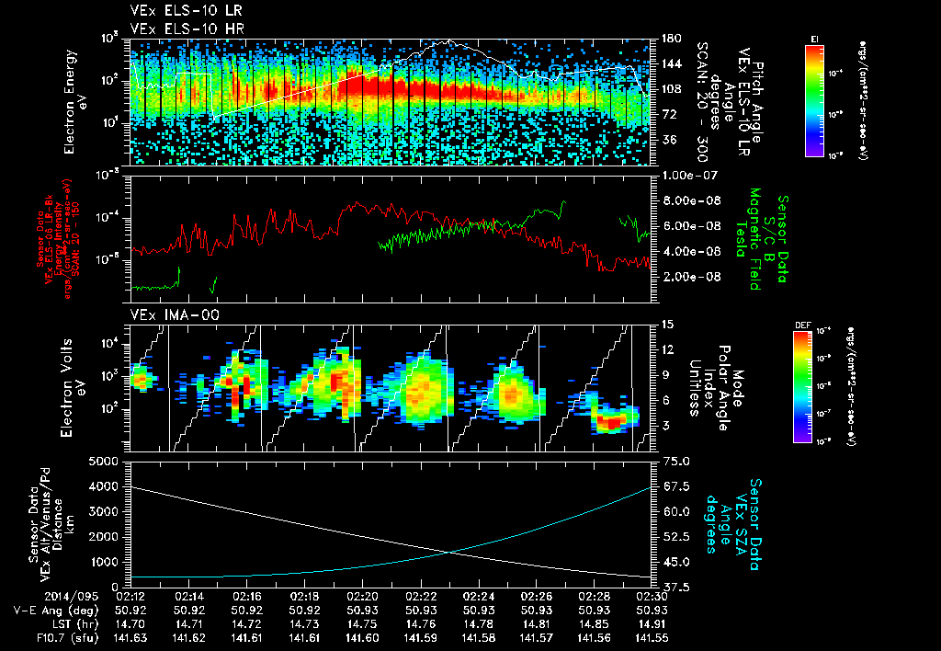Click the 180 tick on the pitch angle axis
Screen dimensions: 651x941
coord(670,39)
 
